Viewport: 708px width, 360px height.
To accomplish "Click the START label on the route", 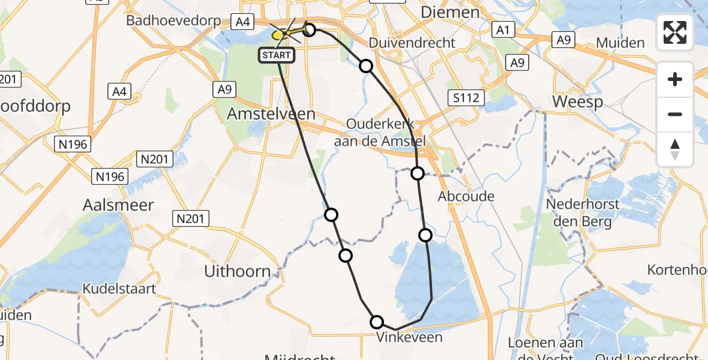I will point(277,56).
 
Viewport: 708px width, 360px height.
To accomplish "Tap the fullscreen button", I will point(675,32).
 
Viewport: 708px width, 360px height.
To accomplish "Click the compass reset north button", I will point(675,149).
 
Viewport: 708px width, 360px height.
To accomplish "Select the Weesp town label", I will point(577,101).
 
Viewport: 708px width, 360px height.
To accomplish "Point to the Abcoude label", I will point(466,196).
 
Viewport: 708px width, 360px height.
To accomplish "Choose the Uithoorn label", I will point(238,271).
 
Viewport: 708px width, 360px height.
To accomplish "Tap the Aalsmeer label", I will point(118,205).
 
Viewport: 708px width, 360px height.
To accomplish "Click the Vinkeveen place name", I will point(409,337).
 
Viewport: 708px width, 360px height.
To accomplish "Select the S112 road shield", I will point(467,97).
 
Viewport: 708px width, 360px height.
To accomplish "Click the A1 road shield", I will point(501,29).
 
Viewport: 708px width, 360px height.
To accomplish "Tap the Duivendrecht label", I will point(412,43).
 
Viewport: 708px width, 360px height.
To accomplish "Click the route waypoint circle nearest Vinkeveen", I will point(377,322).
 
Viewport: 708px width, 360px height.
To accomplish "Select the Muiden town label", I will point(620,43).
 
